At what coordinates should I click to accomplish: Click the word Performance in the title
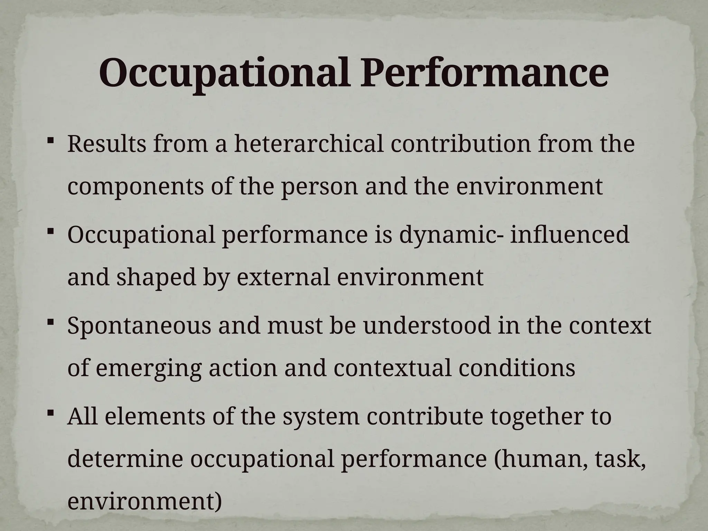[x=484, y=73]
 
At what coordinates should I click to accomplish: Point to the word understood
[x=427, y=325]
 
